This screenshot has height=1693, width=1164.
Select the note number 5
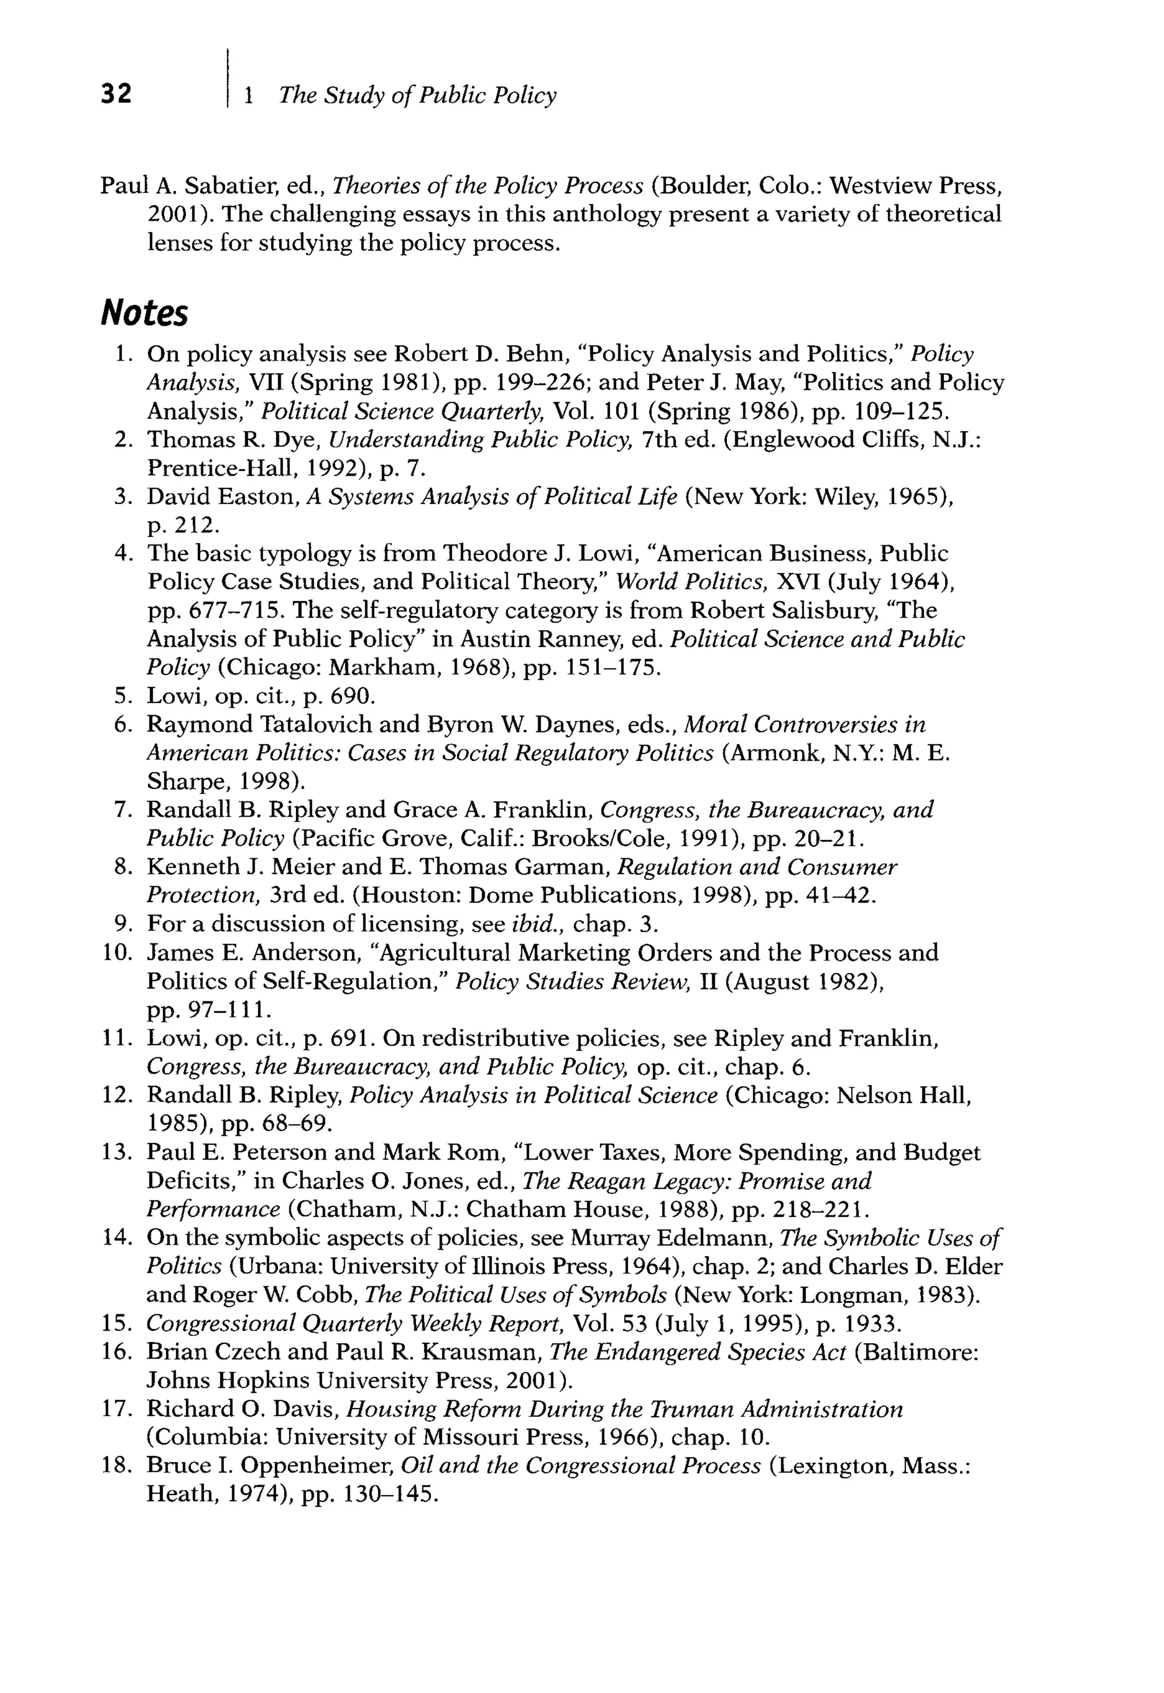(121, 696)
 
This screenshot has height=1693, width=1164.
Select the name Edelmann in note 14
(719, 1239)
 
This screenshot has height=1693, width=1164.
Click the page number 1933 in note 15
(868, 1324)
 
